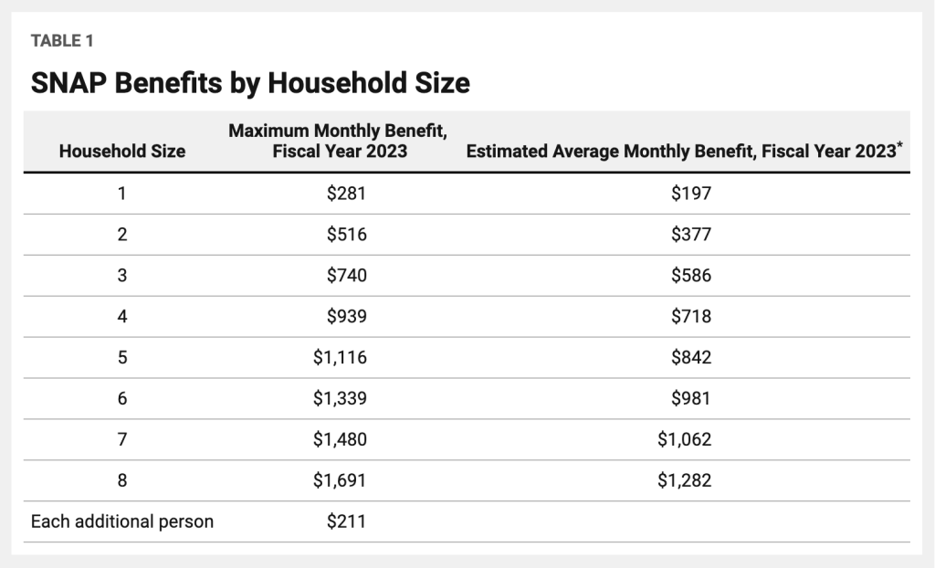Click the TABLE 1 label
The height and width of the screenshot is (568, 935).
[62, 41]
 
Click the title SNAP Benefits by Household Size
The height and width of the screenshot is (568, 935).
[250, 84]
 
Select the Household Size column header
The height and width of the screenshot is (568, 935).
[121, 152]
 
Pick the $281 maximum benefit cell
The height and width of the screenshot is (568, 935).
[346, 194]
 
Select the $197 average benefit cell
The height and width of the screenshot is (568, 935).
[690, 194]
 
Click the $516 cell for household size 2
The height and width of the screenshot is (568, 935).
[346, 235]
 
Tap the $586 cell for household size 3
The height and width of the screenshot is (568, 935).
[690, 276]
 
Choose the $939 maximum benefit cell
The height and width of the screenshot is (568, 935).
[346, 317]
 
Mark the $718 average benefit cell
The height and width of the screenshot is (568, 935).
[690, 317]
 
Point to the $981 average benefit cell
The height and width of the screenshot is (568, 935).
[690, 399]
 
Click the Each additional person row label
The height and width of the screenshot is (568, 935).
[121, 522]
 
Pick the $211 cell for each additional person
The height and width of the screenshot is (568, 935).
[346, 522]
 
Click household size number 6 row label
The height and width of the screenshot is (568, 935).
[121, 399]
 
